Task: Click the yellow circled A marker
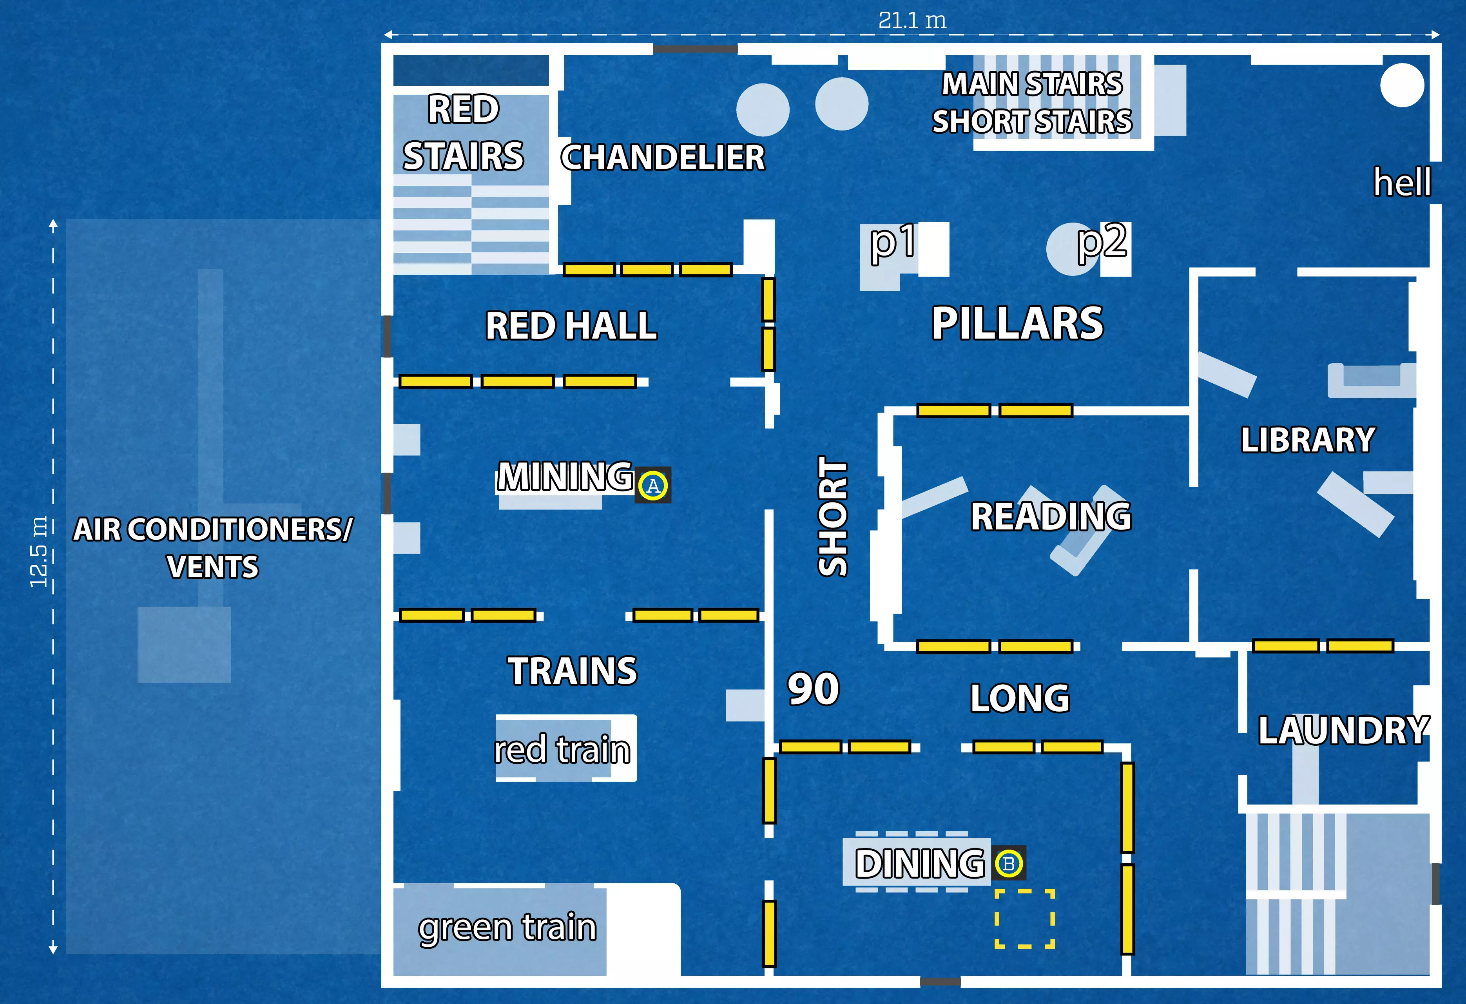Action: point(653,486)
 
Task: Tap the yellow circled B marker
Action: point(1008,863)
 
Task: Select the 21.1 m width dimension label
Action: point(912,21)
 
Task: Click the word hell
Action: point(1402,183)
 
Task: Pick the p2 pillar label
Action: point(1102,241)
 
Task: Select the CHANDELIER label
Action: point(662,158)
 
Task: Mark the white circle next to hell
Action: point(1402,85)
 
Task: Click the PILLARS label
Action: point(1017,324)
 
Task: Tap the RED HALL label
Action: point(571,326)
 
